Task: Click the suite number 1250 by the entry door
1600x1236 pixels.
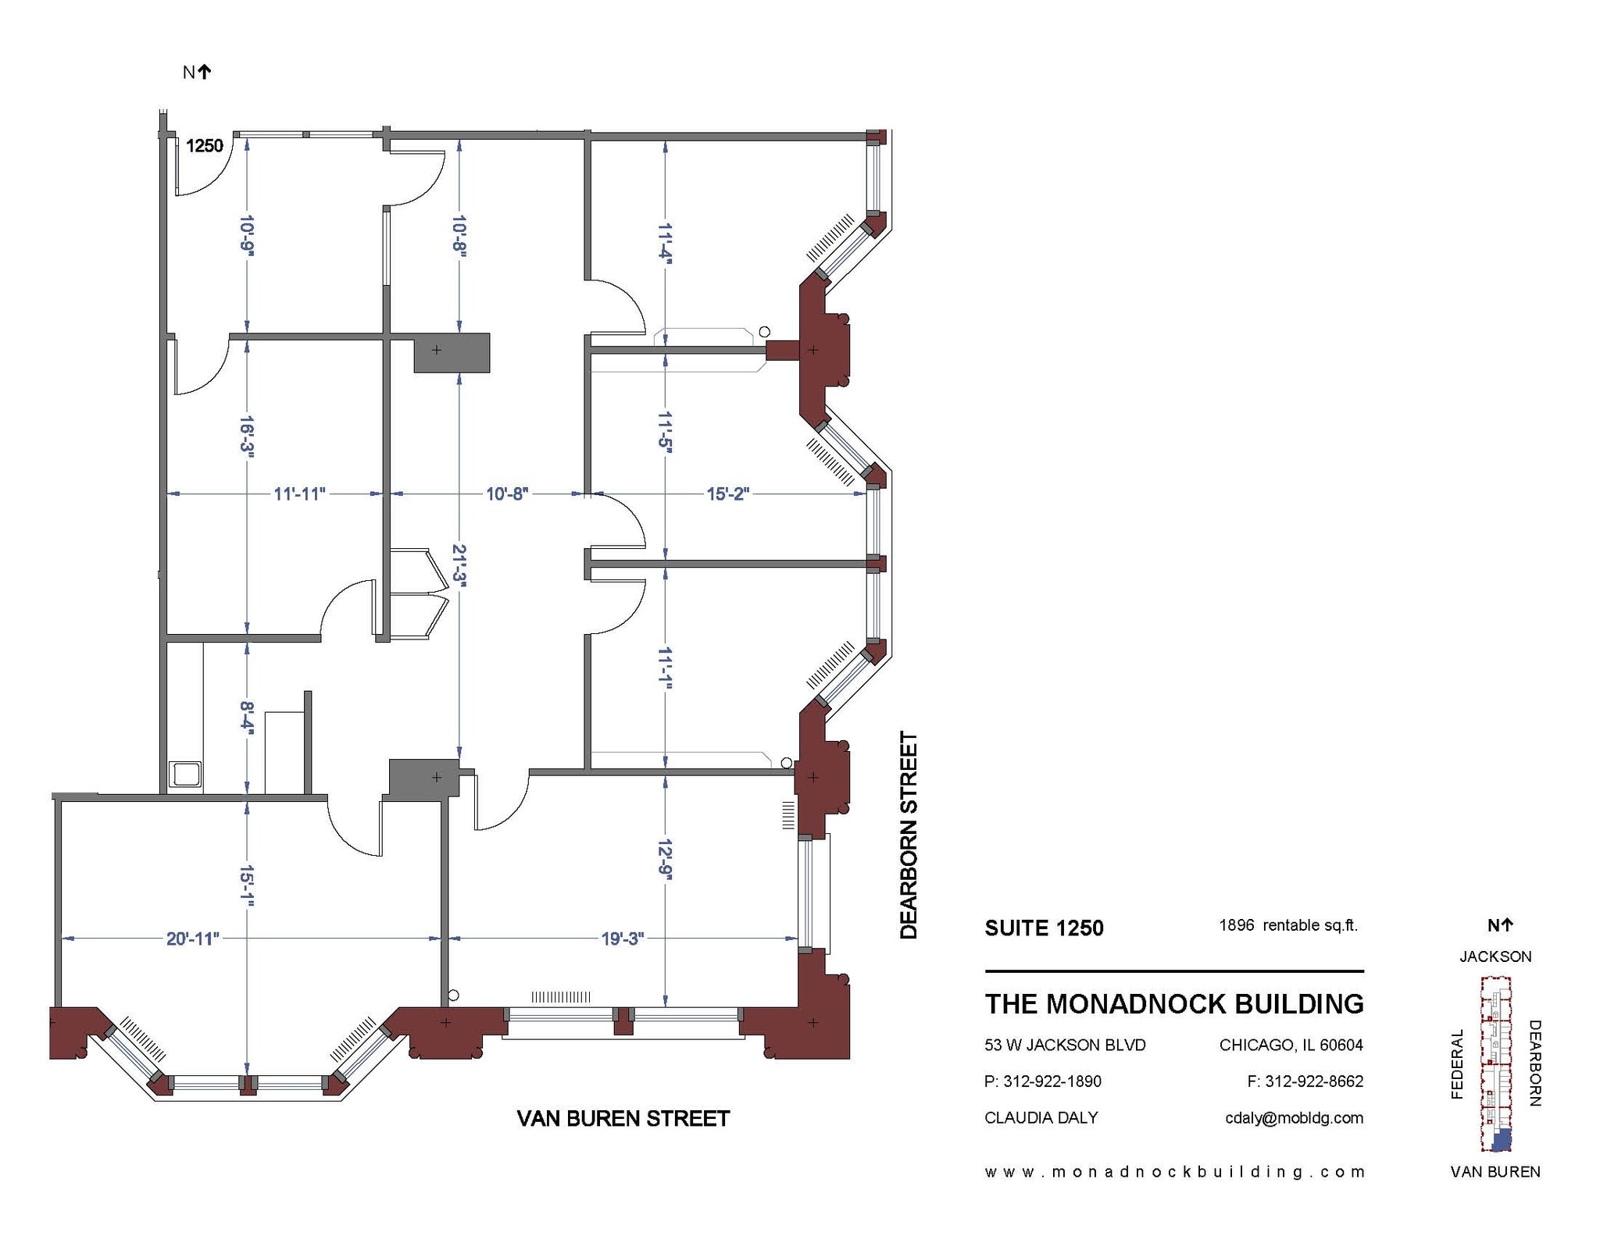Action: click(x=205, y=146)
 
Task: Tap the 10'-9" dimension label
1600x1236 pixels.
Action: click(x=247, y=235)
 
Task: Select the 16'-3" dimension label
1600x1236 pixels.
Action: click(x=247, y=436)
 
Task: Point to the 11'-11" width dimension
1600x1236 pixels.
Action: click(x=299, y=494)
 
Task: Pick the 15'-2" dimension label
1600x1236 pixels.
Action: click(x=728, y=494)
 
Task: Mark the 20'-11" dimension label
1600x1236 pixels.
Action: click(x=193, y=939)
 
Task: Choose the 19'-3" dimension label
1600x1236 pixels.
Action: click(x=622, y=939)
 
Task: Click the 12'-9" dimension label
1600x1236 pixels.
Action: click(x=664, y=860)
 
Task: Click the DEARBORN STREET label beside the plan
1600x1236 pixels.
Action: click(x=909, y=835)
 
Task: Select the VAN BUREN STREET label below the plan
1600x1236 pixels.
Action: click(x=623, y=1119)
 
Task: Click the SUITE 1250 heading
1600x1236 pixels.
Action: click(x=1044, y=928)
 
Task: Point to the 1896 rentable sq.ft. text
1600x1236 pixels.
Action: click(x=1288, y=926)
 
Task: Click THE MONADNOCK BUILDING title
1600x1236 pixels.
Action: click(x=1174, y=1004)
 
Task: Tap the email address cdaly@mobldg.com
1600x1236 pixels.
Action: click(x=1294, y=1118)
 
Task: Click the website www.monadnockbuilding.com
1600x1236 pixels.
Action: click(x=1174, y=1172)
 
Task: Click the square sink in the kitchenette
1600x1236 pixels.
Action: click(x=186, y=775)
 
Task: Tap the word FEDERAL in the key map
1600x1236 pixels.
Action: click(x=1457, y=1064)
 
